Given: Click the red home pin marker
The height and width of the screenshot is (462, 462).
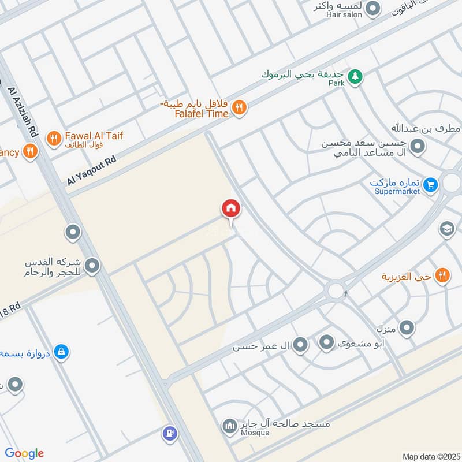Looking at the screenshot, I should click(230, 208).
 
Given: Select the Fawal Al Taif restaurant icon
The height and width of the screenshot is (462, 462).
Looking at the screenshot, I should click(54, 138).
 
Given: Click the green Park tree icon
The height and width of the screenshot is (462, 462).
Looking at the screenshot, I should click(356, 75).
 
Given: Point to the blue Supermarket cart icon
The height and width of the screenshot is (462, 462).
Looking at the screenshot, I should click(430, 185).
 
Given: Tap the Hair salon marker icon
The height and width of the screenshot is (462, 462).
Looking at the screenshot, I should click(374, 8).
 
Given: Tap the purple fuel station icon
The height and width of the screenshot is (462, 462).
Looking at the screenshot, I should click(170, 432).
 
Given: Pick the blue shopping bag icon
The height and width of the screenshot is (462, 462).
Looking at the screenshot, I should click(61, 351).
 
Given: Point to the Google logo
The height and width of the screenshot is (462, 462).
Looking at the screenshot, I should click(24, 453).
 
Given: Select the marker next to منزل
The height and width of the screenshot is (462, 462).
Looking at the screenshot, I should click(407, 329).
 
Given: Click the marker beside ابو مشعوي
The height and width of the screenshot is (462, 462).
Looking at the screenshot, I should click(327, 343).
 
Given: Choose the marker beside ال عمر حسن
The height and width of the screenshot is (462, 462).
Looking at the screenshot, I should click(300, 346).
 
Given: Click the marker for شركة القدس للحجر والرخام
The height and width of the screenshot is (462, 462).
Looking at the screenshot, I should click(92, 266).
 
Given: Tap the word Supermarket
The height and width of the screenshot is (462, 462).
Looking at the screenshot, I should click(397, 191).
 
